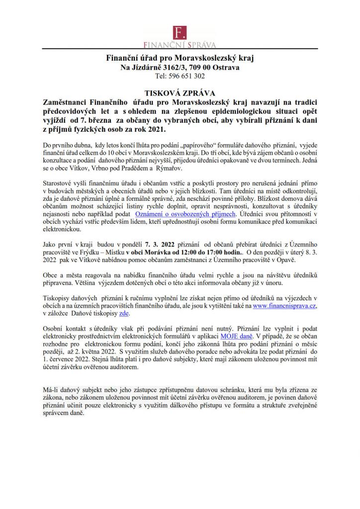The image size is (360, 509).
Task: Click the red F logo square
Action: (180, 32)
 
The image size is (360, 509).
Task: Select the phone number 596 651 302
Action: (186, 76)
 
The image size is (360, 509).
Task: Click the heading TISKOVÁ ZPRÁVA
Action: (180, 92)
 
